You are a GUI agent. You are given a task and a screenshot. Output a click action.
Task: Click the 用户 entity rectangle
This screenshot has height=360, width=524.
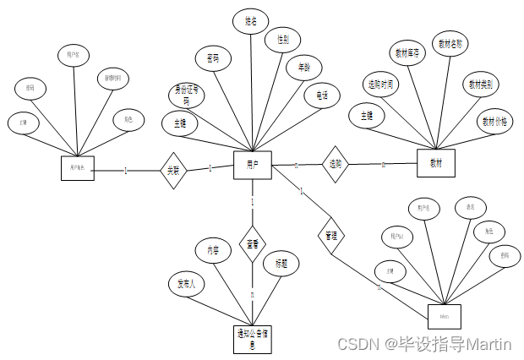point(252,163)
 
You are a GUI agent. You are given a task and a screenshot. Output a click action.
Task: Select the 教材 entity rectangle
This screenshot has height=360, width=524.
point(436,162)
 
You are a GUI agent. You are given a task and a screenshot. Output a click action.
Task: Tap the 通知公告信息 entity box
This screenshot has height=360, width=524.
point(252,338)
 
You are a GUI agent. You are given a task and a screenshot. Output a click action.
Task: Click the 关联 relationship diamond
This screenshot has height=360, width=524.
point(173,170)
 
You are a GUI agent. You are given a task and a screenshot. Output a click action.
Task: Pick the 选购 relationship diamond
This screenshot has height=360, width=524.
point(336,164)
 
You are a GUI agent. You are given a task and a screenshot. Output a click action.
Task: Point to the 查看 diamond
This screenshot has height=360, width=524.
point(252,243)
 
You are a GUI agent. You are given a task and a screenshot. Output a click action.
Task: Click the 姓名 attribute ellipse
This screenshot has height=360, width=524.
point(250,20)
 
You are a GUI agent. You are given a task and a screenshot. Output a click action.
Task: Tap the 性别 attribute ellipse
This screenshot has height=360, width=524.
point(282,40)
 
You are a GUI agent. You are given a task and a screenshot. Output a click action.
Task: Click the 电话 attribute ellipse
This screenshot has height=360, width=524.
point(322,95)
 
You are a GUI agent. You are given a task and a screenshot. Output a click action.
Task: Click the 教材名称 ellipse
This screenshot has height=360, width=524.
point(449,43)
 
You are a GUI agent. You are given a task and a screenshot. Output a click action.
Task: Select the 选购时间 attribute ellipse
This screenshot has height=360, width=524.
point(381,85)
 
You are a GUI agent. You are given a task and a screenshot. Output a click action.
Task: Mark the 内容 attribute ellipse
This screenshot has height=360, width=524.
point(212,251)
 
